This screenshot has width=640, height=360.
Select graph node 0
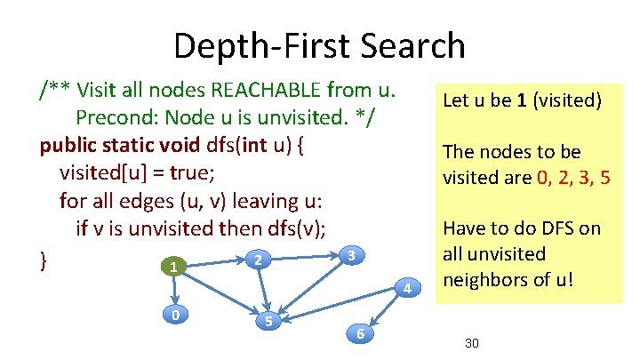(177, 314)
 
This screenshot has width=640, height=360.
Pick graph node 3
(352, 256)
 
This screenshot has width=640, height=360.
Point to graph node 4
(406, 288)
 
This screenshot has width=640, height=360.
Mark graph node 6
(359, 333)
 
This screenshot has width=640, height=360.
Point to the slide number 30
(471, 342)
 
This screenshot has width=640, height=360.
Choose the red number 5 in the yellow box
(604, 177)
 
